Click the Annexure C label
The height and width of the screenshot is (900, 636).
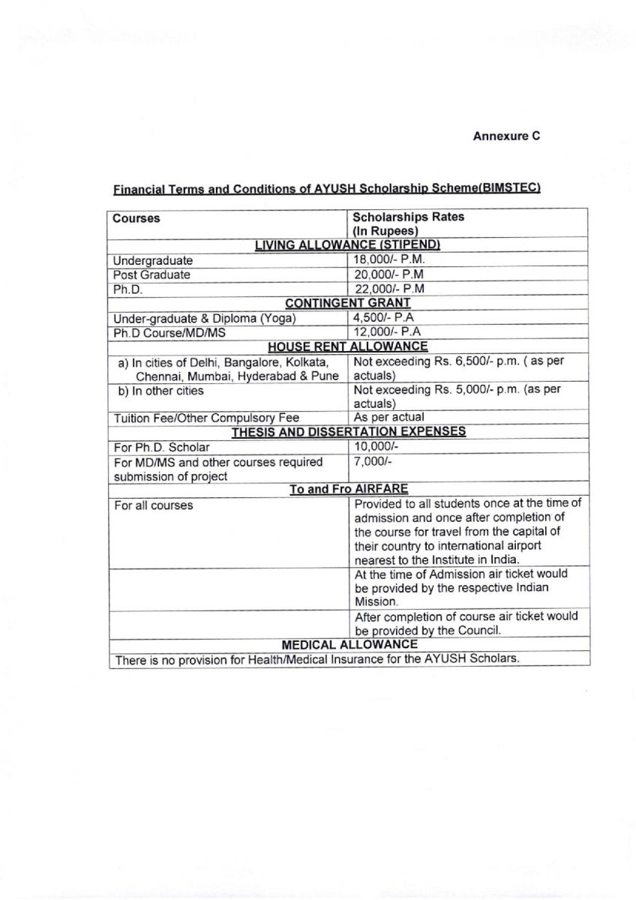(x=506, y=136)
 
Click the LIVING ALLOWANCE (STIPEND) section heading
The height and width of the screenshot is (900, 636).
(x=347, y=245)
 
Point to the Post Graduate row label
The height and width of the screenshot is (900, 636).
(x=151, y=274)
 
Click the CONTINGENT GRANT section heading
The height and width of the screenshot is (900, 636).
(x=348, y=303)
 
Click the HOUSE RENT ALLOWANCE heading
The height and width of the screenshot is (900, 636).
(x=348, y=346)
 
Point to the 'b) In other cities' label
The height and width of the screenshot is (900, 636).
(x=160, y=391)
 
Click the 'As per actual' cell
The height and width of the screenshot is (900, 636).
(x=388, y=417)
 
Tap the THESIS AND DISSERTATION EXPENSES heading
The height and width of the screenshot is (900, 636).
(x=348, y=432)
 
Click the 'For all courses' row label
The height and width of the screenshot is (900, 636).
(x=153, y=505)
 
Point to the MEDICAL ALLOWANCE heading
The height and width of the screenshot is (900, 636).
(x=349, y=644)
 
